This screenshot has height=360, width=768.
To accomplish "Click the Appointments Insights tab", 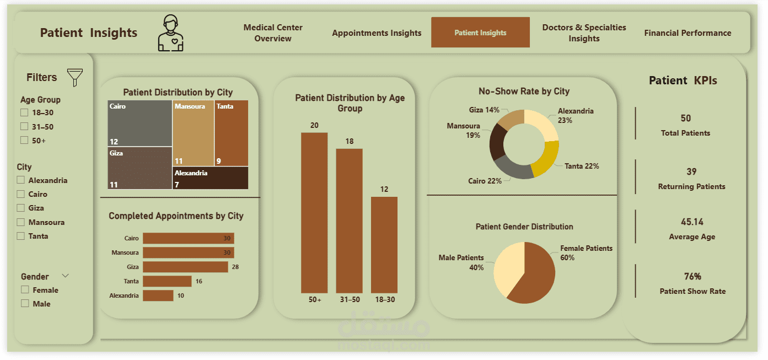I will [377, 33].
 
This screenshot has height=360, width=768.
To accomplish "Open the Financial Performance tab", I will [688, 33].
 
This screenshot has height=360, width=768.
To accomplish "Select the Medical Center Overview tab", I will [273, 33].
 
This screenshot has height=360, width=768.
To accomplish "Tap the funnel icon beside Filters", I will [74, 77].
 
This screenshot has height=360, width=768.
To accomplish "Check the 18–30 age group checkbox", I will [24, 113].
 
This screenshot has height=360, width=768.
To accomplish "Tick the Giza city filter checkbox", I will [21, 208].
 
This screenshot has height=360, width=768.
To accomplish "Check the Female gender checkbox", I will [25, 290].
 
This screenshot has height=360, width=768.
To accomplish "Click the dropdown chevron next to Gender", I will [66, 276].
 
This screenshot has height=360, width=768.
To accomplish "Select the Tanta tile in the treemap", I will [231, 132].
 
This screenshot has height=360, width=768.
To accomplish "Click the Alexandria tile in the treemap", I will [210, 178].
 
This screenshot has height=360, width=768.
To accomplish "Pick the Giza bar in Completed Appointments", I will [185, 267].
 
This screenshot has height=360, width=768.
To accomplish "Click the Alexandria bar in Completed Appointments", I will [158, 295].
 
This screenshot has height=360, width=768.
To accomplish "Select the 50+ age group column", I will [314, 212].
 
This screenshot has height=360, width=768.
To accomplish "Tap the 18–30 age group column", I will [384, 244].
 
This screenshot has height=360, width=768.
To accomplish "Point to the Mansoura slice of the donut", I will [498, 141].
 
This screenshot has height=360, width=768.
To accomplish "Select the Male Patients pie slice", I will [506, 270].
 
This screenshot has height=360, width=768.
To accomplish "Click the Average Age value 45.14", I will [692, 222].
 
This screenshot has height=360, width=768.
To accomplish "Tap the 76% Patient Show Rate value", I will [692, 276].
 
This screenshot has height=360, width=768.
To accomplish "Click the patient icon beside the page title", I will [171, 33].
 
